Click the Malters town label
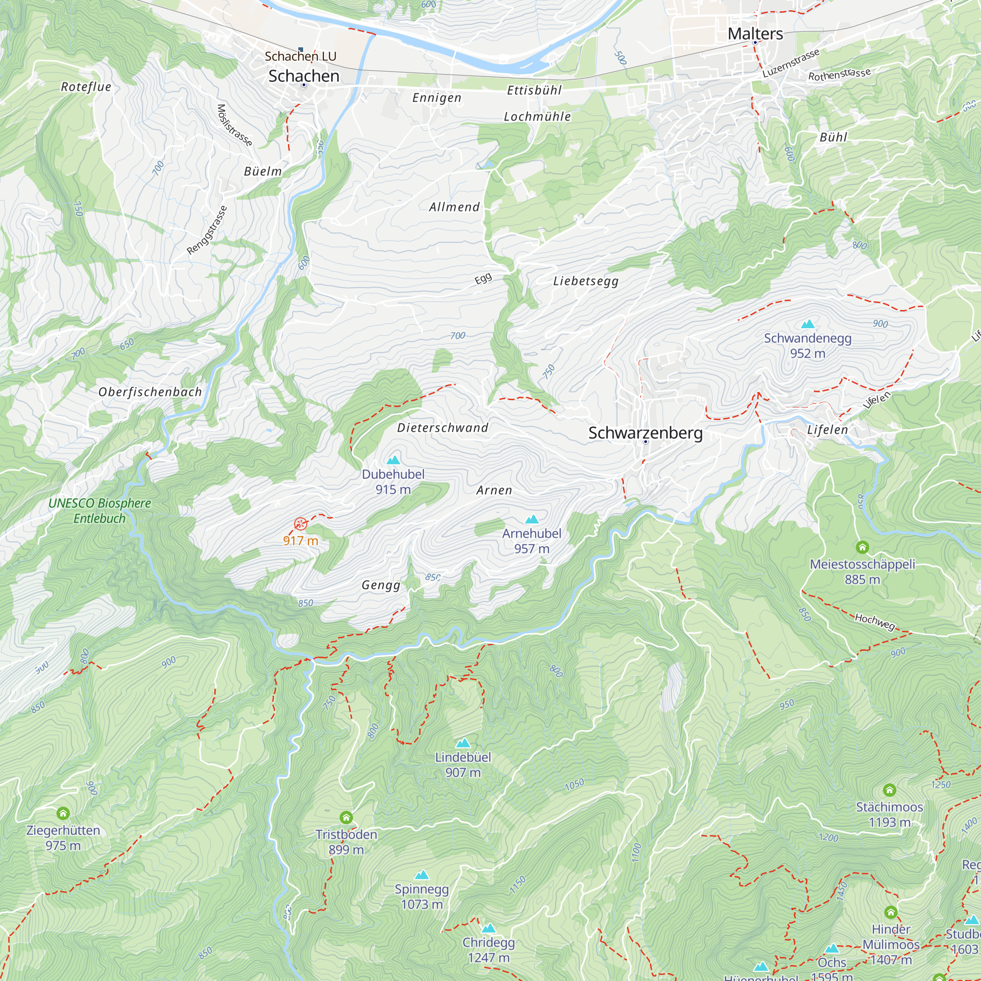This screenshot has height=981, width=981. [755, 33]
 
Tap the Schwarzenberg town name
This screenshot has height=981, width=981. [645, 433]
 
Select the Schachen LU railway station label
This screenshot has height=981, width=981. [301, 56]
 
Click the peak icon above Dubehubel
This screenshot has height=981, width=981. [393, 460]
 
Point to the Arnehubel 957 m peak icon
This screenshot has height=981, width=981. [532, 519]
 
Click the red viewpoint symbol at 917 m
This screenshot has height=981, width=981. [301, 523]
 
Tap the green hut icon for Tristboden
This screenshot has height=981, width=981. [346, 818]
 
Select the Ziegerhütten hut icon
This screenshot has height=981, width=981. [63, 813]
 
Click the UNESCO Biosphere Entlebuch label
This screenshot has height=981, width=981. [100, 510]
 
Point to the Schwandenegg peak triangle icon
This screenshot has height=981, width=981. [807, 323]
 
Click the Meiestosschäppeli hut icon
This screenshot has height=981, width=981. [862, 547]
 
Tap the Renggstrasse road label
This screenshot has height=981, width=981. [207, 230]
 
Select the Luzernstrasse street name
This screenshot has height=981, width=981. [791, 63]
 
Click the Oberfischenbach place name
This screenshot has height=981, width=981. [150, 392]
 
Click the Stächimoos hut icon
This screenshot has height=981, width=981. [889, 790]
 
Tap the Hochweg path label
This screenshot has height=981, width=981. [875, 620]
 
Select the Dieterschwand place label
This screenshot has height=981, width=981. [442, 428]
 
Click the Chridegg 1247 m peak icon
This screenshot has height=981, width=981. [489, 928]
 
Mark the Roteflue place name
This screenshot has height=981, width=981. [86, 87]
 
